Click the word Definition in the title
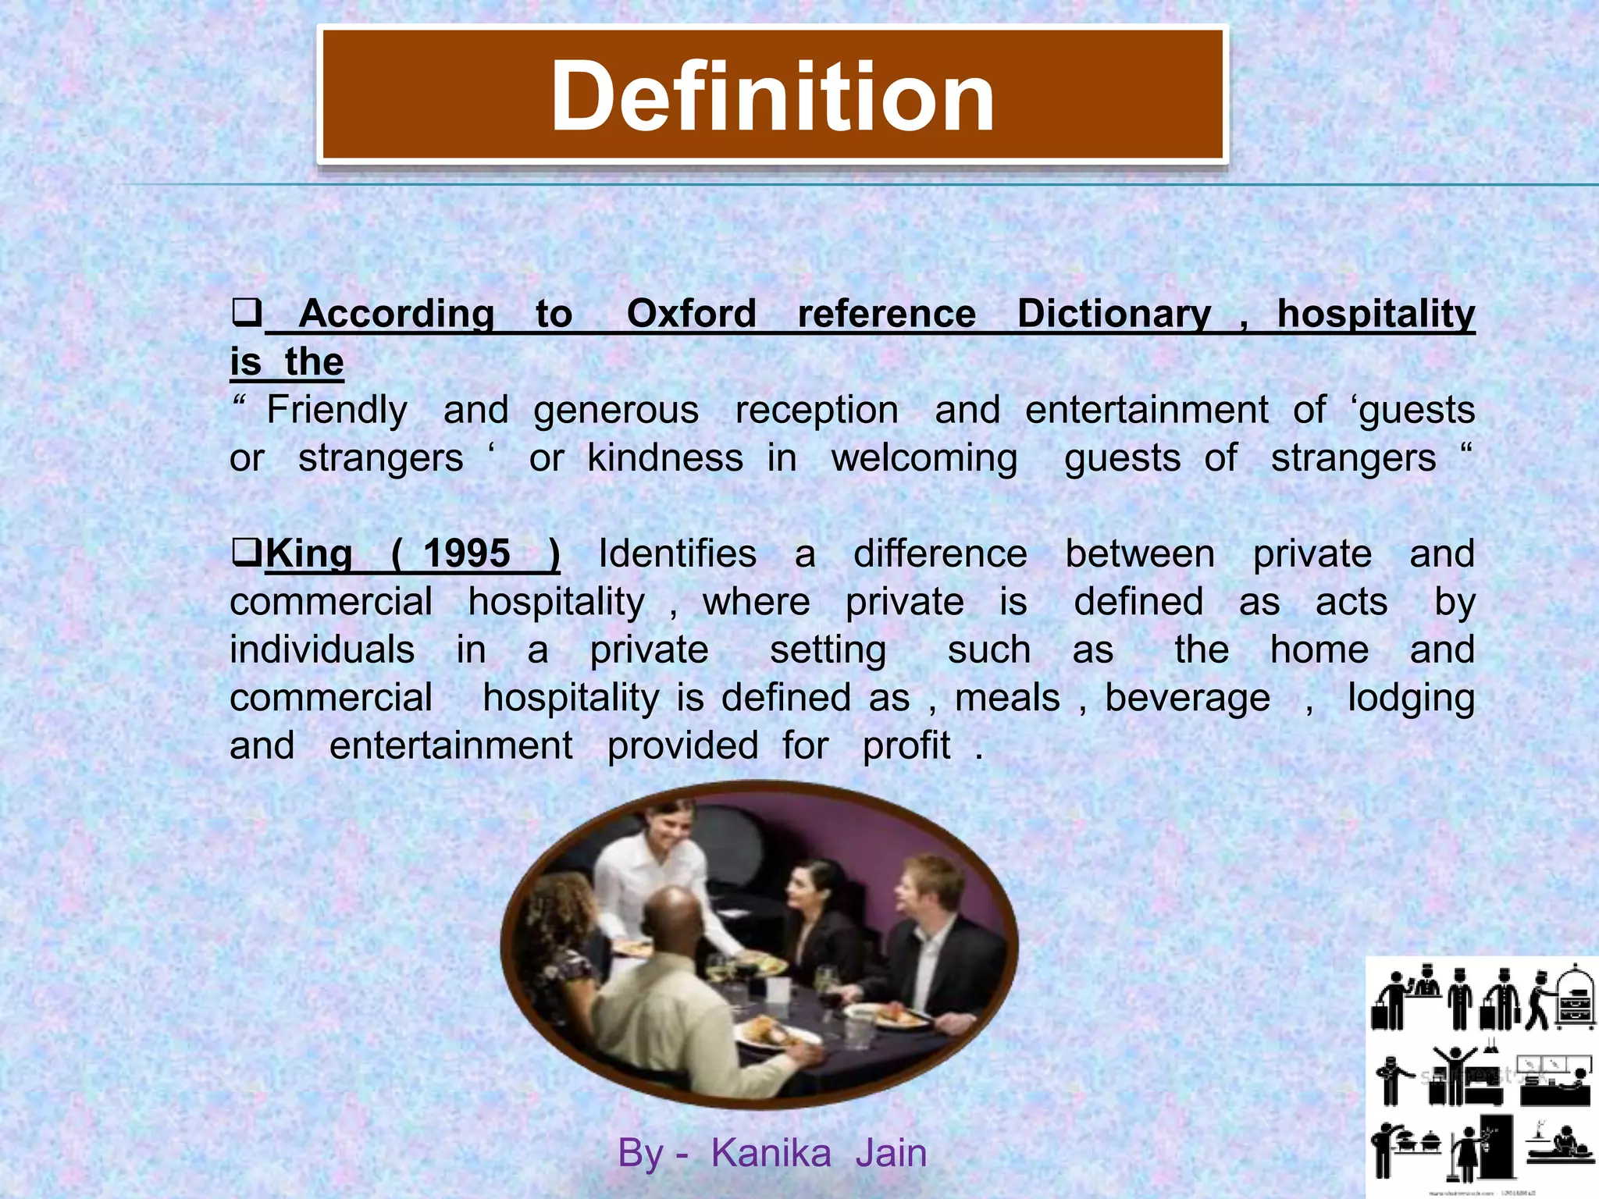click(772, 97)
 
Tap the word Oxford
click(691, 314)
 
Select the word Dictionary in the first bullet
click(1114, 314)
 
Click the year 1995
click(466, 554)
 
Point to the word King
click(308, 554)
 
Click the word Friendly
click(337, 411)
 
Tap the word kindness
click(665, 458)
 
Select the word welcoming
click(924, 459)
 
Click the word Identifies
click(677, 554)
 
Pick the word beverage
click(1188, 699)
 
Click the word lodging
click(1411, 699)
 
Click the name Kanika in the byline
click(771, 1154)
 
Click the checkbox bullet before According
click(246, 314)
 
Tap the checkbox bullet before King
click(247, 553)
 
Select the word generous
click(616, 411)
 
